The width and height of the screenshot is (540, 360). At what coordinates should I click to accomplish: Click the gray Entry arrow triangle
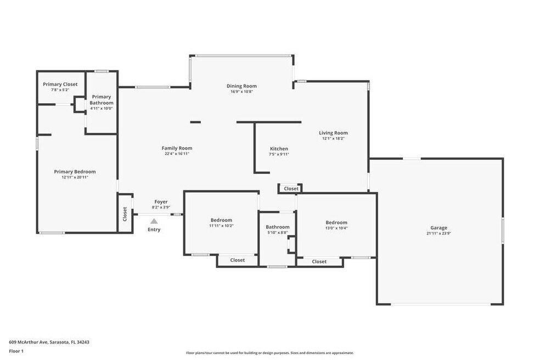tap(154, 221)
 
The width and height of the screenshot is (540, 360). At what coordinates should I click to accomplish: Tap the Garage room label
tap(439, 228)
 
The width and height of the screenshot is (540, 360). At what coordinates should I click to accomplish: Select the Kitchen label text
tap(279, 149)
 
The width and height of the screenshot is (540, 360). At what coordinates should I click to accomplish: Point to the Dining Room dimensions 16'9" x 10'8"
tap(242, 92)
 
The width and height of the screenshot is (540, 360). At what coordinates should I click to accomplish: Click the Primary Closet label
tap(60, 84)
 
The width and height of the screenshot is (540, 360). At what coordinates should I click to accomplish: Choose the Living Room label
tap(333, 133)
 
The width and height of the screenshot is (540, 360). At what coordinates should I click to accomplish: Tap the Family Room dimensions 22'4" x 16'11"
tap(177, 154)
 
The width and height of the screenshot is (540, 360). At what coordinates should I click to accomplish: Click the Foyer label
tap(161, 202)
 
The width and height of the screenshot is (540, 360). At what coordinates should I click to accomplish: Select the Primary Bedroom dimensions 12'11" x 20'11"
tap(75, 177)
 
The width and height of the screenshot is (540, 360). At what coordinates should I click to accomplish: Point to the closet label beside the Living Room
tap(291, 189)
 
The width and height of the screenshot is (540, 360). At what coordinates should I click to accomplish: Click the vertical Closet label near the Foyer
tap(125, 214)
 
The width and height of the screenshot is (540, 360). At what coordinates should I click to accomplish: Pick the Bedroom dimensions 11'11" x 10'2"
tap(222, 226)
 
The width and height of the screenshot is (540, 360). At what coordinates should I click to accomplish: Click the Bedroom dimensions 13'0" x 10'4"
tap(336, 228)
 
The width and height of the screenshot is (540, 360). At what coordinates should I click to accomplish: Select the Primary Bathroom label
tap(102, 100)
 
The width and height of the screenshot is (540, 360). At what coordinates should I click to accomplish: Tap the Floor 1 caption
tap(16, 351)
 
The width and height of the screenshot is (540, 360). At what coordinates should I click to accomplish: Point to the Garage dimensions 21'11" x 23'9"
tap(439, 233)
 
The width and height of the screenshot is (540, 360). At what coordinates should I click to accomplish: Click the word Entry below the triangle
tap(154, 229)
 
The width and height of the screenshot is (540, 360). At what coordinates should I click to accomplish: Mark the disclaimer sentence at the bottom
tap(270, 353)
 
